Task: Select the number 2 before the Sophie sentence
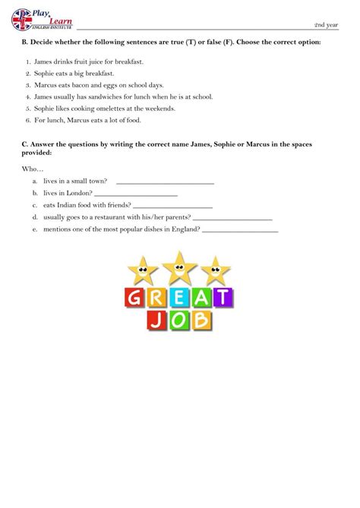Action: (27, 73)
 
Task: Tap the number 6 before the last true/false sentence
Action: (27, 120)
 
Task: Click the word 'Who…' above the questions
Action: (33, 169)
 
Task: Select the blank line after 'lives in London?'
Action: (136, 194)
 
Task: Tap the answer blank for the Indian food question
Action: (172, 206)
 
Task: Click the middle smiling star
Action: (179, 264)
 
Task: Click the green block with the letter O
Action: (179, 320)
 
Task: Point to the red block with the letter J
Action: (155, 320)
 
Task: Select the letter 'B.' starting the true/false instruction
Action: (26, 43)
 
